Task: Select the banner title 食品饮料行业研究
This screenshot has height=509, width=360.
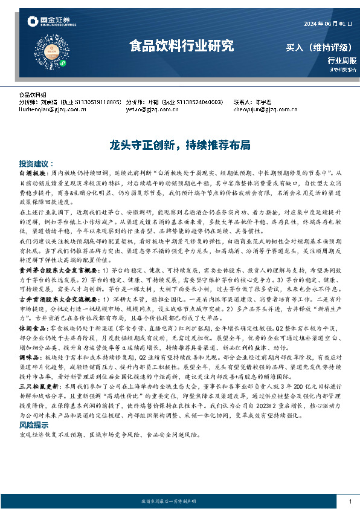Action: pyautogui.click(x=181, y=45)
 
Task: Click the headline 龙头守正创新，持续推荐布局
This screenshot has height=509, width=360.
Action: pyautogui.click(x=179, y=146)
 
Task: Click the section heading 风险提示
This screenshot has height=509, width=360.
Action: pyautogui.click(x=33, y=425)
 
